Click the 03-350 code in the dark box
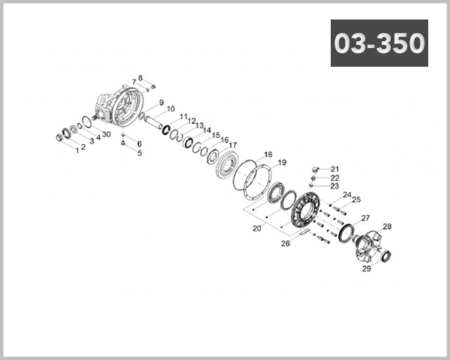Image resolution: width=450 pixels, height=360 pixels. (379, 43)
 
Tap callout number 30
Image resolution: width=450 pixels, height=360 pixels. (106, 134)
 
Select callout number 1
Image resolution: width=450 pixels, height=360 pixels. (75, 149)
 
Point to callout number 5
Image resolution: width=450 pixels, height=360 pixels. (139, 152)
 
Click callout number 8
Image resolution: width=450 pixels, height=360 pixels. (139, 78)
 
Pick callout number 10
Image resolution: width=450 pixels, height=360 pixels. (171, 109)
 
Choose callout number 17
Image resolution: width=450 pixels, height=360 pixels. (233, 145)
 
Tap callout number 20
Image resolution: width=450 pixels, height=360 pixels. (256, 227)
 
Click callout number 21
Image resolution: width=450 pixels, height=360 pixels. (334, 169)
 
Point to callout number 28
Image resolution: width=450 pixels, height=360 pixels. (387, 226)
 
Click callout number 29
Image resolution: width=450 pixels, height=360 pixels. (367, 268)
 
